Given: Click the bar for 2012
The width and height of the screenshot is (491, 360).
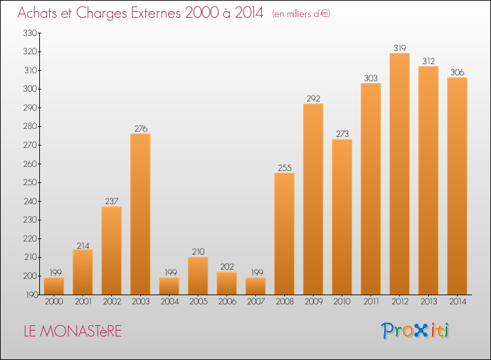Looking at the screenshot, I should [399, 174].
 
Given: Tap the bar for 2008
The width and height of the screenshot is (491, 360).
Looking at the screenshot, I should [284, 234].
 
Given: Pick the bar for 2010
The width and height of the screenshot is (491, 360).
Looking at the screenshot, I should [342, 217].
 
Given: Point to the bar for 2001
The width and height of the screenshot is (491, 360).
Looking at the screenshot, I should [82, 272].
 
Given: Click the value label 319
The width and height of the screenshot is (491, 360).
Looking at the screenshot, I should [399, 48].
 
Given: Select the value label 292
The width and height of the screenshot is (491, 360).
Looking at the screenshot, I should [313, 99].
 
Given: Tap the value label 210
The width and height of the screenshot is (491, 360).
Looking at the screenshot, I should [198, 252].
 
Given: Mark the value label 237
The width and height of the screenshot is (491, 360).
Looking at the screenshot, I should [111, 202].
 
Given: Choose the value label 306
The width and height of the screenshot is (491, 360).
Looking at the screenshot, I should [457, 73].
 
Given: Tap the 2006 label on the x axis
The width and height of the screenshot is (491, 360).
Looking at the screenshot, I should [227, 302].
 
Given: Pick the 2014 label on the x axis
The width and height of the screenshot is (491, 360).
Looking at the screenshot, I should [457, 302].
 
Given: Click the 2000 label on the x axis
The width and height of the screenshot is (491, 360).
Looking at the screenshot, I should [54, 302].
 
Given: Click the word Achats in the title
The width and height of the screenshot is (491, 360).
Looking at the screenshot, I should [40, 13].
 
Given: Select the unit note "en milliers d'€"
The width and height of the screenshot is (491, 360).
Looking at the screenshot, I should [301, 14].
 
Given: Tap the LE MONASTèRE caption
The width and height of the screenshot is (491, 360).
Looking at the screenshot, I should [72, 331].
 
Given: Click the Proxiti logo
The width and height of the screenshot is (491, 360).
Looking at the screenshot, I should [416, 331].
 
